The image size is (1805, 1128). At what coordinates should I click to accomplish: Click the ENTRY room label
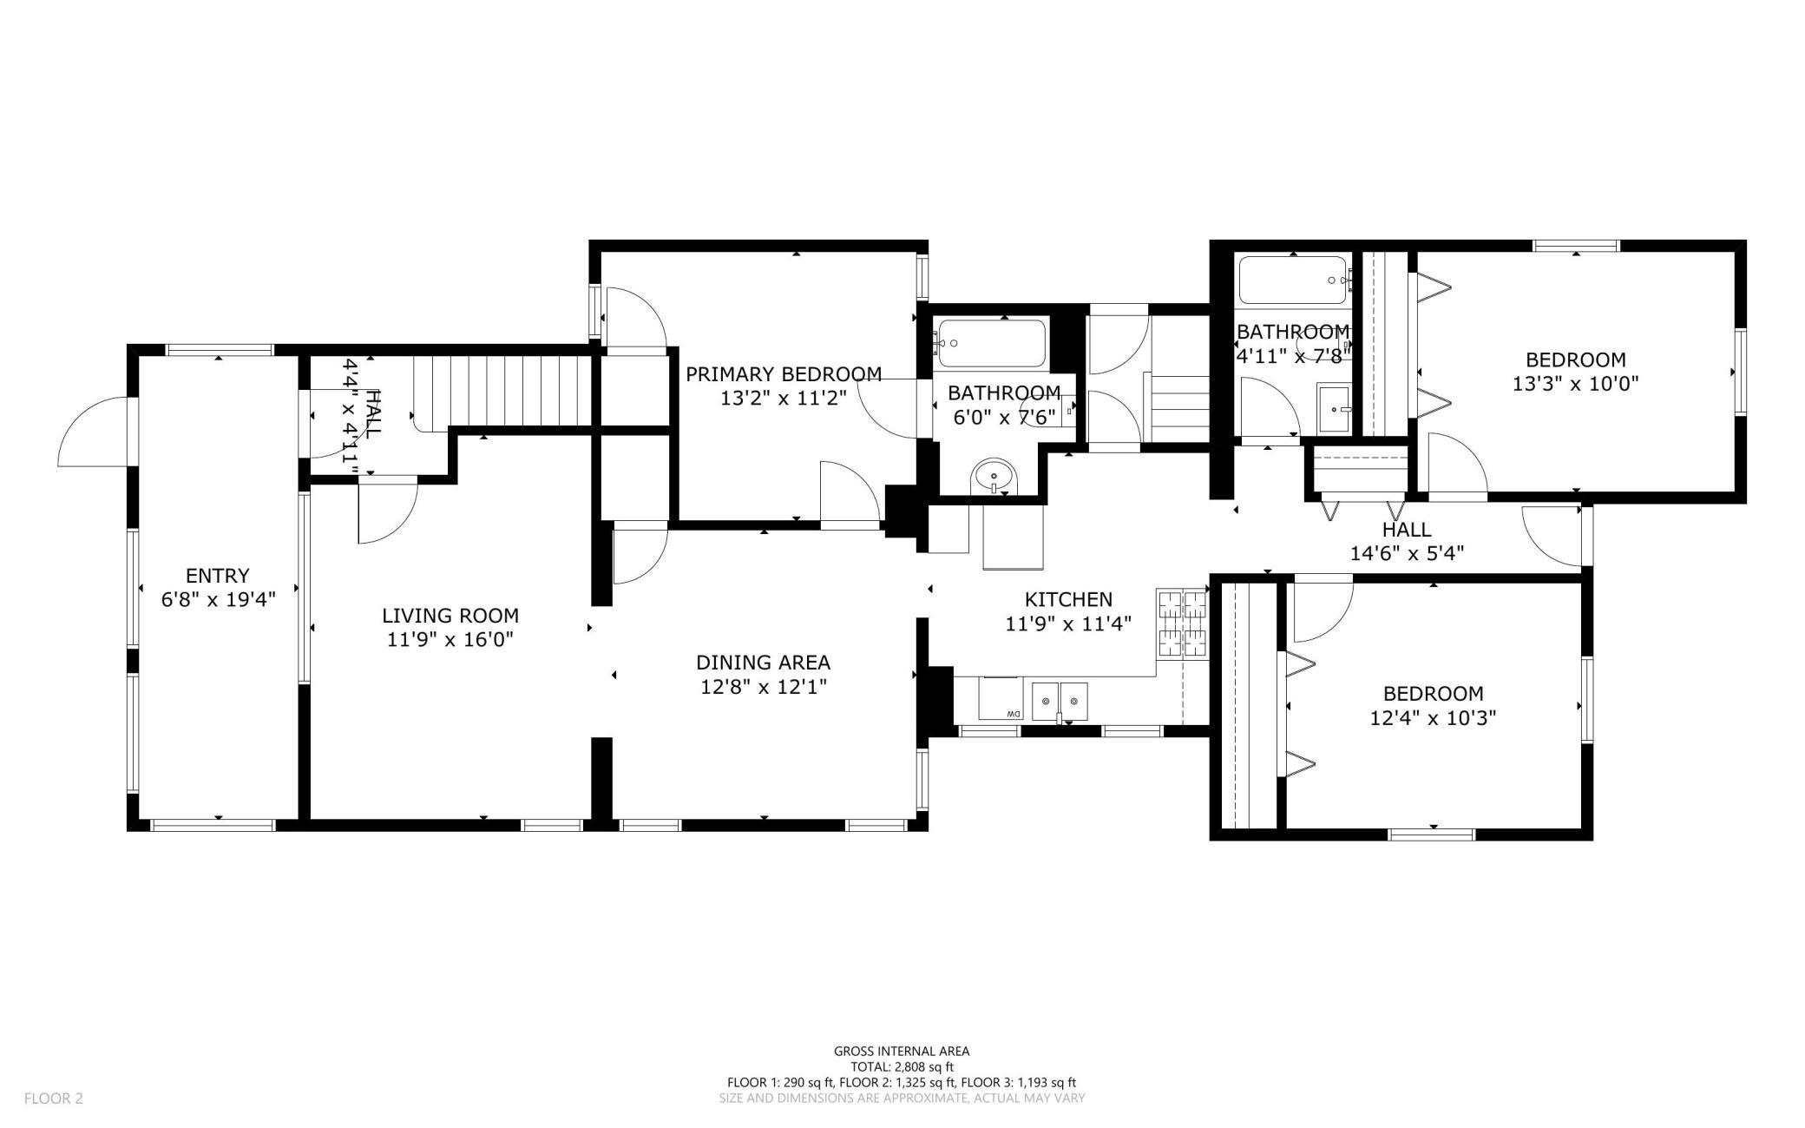(x=218, y=575)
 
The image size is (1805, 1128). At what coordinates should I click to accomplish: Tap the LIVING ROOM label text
(x=450, y=616)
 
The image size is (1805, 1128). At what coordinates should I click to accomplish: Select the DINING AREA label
(x=764, y=663)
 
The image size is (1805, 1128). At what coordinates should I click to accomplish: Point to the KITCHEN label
(x=1068, y=599)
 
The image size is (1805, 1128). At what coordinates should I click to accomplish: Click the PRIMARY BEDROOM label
(x=784, y=374)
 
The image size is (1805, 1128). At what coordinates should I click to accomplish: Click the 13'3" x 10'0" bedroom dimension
(x=1576, y=383)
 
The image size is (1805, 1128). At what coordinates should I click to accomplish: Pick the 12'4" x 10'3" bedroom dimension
(x=1434, y=718)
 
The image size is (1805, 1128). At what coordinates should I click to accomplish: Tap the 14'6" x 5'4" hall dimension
(x=1408, y=553)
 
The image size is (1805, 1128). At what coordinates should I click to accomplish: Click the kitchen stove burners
(x=1182, y=623)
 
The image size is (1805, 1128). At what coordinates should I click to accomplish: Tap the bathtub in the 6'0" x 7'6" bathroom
(x=991, y=344)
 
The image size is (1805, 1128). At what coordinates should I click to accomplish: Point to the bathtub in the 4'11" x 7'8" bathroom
(x=1293, y=280)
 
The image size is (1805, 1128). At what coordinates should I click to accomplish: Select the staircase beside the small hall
(x=503, y=392)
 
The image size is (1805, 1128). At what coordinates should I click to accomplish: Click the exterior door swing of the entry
(x=93, y=432)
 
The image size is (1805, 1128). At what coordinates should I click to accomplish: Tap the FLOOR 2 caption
(x=54, y=1098)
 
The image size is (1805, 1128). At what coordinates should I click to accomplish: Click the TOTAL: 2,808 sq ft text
(x=902, y=1067)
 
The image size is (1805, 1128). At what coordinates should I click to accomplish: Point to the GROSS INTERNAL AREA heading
(x=902, y=1052)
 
